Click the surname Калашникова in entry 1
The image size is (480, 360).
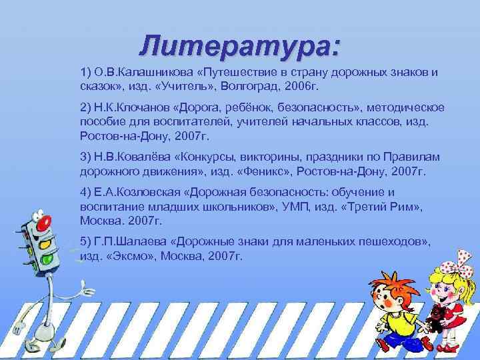pos(145,72)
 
